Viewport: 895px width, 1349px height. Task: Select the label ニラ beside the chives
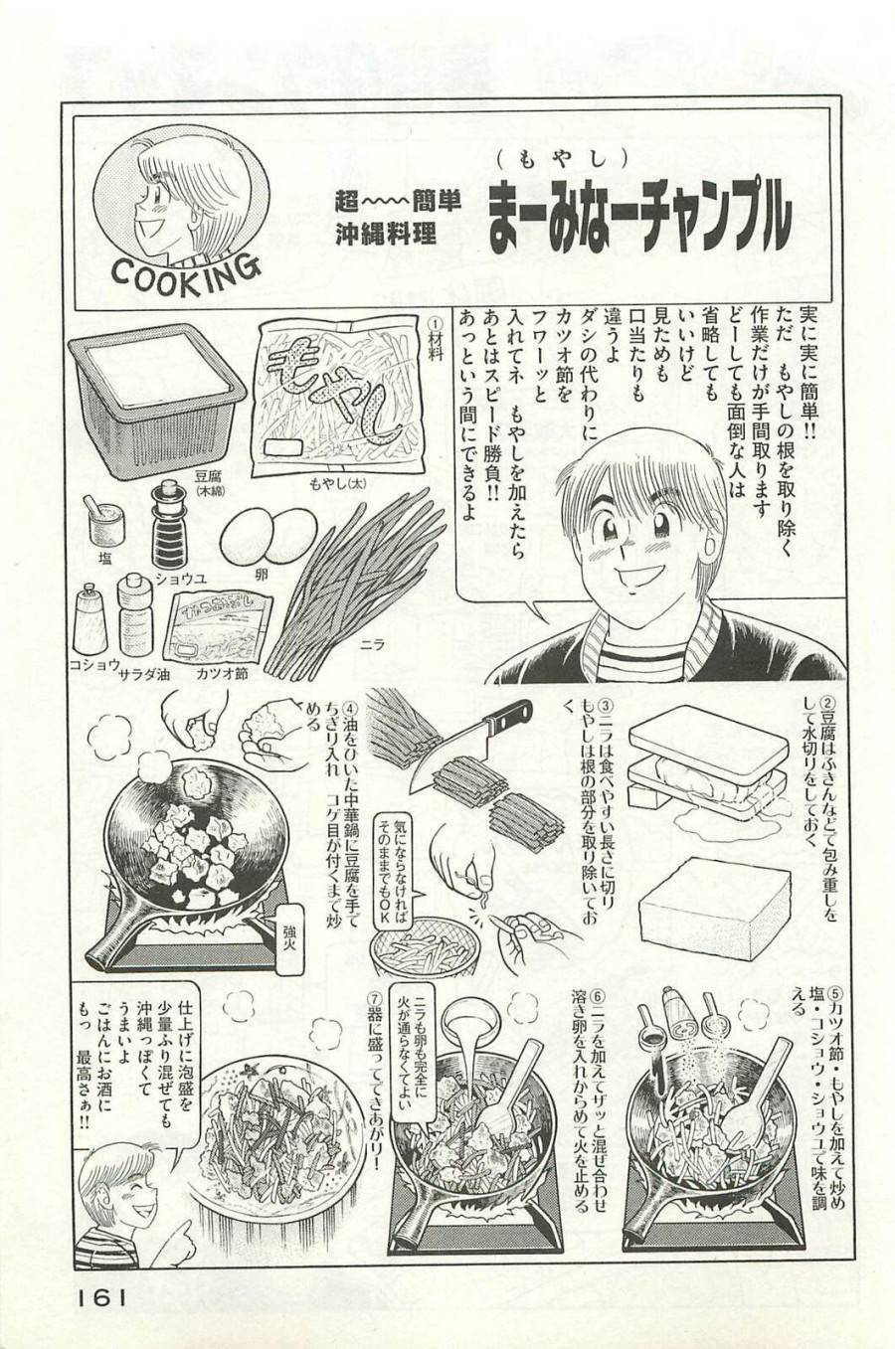coord(370,644)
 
